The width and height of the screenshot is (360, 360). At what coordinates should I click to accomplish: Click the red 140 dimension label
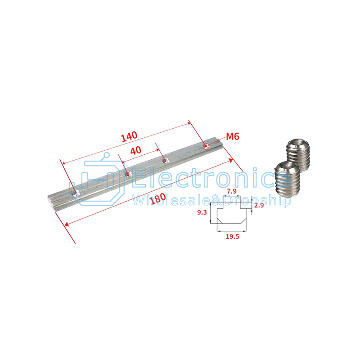[x=129, y=136]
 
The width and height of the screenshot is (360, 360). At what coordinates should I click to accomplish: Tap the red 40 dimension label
[x=136, y=150]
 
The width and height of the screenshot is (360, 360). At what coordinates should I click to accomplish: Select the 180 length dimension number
[x=157, y=198]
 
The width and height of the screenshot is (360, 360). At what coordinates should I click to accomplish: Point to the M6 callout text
[x=233, y=136]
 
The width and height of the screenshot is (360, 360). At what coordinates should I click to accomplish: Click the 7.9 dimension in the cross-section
[x=231, y=191]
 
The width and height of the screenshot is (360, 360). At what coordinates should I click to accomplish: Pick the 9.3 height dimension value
[x=202, y=212]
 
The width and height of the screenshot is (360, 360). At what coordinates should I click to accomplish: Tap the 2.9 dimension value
[x=259, y=205]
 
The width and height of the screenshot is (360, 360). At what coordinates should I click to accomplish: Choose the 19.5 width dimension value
[x=232, y=237]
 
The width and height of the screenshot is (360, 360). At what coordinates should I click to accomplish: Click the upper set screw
[x=298, y=155]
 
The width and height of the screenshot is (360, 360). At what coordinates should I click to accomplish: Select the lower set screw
[x=287, y=179]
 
